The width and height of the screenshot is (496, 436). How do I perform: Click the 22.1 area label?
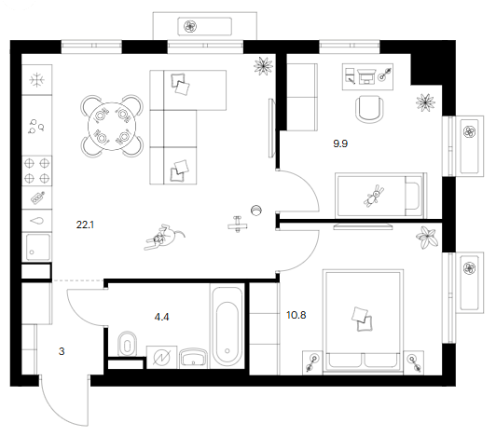pos(85,225)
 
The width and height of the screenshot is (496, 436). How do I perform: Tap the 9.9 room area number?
pos(340,143)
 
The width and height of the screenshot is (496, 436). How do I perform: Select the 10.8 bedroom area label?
pos(296,315)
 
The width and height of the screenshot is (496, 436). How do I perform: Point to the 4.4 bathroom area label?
pos(161,317)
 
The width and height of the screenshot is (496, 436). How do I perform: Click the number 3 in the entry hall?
pos(62,351)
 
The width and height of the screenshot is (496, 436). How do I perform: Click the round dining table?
pos(112,127)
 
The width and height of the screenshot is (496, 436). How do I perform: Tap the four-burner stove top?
pos(36,171)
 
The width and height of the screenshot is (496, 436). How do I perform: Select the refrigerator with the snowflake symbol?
pos(36,80)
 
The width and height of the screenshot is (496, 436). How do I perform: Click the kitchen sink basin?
pos(37,247)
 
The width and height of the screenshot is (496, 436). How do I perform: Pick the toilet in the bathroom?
pos(127,344)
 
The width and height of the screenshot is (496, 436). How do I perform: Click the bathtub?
pos(227,327)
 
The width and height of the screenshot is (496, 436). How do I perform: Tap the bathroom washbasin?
pos(193,359)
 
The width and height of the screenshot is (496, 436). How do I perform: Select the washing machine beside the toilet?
pos(161,357)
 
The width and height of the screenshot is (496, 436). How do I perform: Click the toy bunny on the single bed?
pos(374,197)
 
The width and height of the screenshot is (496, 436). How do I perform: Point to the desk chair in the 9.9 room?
pos(370,109)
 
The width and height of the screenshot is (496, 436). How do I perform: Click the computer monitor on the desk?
pos(366,76)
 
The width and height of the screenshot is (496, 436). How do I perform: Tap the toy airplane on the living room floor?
pos(237,225)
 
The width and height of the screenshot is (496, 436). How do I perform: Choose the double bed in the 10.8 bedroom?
pos(363,321)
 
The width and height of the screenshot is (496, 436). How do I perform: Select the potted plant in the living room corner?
pos(263,66)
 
